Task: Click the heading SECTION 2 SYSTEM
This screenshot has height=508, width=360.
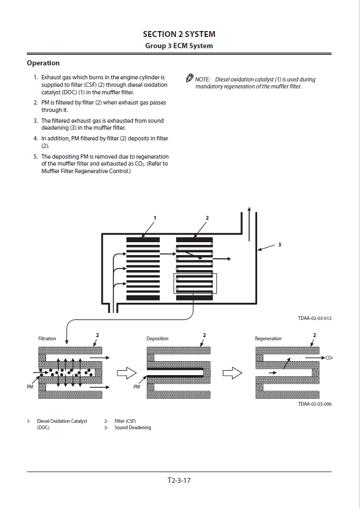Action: pos(179,34)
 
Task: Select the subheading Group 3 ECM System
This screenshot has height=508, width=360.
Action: pos(179,46)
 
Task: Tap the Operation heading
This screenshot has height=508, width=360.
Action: pos(43,63)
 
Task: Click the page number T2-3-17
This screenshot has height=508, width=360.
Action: pos(179,480)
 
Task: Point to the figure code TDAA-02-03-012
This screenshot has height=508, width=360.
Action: pos(315,318)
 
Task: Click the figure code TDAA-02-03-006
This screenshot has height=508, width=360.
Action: pos(315,404)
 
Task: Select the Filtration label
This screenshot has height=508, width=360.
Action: pos(47,339)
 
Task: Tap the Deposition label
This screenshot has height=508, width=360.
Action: pos(157,339)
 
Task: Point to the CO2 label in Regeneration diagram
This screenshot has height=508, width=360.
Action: pos(329,357)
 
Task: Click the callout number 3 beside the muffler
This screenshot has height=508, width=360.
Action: pos(280,245)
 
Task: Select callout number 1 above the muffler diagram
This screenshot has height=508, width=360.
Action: pos(155,218)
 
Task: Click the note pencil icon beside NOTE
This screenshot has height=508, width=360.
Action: pos(189,79)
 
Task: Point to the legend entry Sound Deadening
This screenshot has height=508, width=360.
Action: pos(132,428)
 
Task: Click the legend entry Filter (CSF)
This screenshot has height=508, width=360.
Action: pos(125,421)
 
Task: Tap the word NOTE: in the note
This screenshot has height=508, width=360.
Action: pos(202,80)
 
